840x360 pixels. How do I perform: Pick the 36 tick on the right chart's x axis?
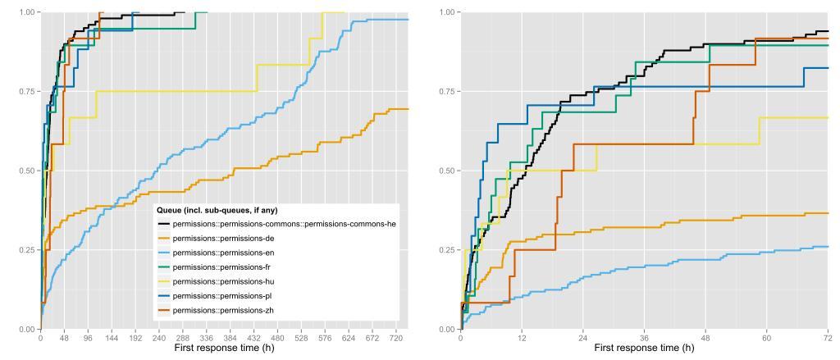(x=644, y=337)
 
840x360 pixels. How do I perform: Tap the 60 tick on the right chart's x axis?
(x=767, y=337)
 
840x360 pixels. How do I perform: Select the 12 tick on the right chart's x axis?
(x=522, y=337)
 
